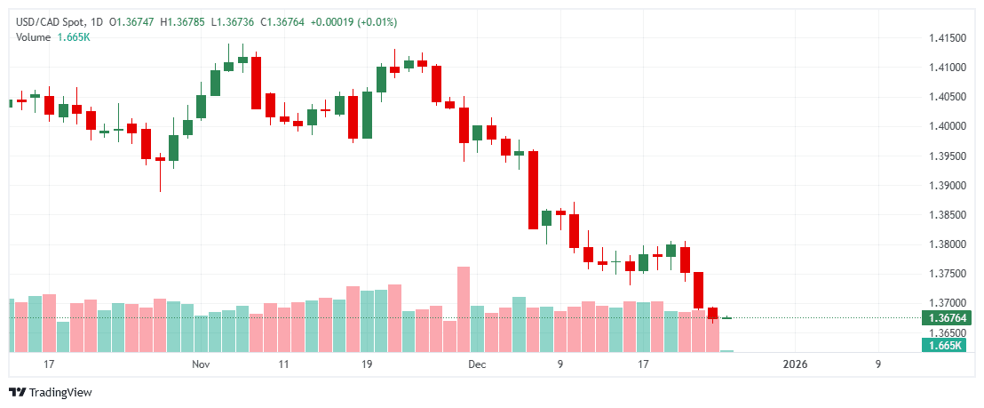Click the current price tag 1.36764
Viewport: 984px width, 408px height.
(x=947, y=318)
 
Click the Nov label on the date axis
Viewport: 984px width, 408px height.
(x=201, y=364)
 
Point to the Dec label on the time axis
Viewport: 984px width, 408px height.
(x=477, y=364)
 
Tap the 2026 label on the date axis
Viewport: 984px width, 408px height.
(x=795, y=364)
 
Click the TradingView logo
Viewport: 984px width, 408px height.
(x=51, y=393)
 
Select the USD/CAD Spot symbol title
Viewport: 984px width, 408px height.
(x=48, y=21)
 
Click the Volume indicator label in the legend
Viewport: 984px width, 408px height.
(x=34, y=36)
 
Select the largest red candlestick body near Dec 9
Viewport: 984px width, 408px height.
(x=533, y=190)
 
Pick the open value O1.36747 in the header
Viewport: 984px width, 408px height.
(x=130, y=21)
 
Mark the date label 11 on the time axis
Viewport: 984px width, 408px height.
(x=283, y=364)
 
